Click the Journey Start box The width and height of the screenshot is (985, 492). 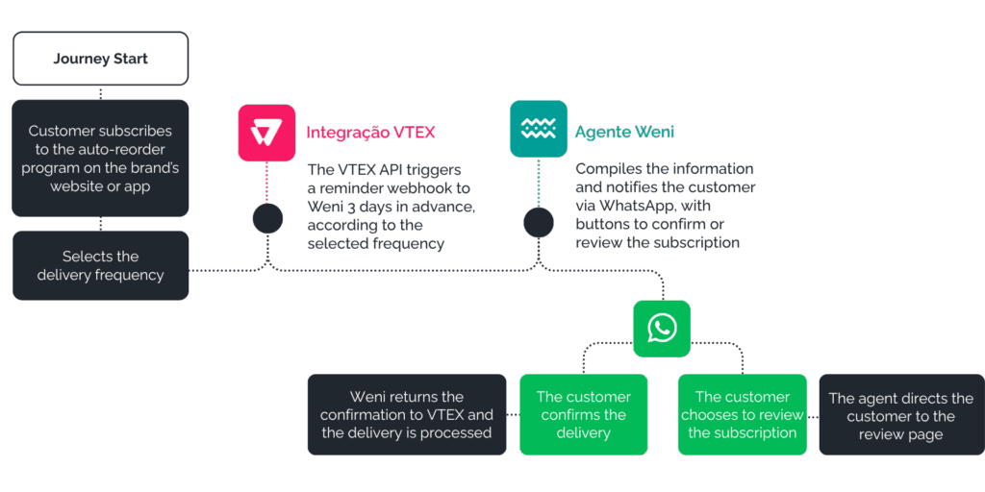point(100,59)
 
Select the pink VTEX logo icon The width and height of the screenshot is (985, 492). point(266,133)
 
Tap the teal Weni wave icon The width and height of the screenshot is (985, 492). point(539,129)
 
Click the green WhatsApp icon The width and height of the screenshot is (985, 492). point(662,329)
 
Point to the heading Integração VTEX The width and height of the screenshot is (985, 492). point(370,133)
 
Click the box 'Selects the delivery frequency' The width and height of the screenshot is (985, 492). point(100,265)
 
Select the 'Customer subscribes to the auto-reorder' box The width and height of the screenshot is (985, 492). point(100,159)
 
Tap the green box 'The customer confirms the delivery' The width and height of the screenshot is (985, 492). point(584,414)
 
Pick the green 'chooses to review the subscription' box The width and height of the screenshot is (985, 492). point(743,414)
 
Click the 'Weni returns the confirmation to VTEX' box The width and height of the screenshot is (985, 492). point(407,414)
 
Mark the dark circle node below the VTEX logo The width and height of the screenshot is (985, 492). point(267,219)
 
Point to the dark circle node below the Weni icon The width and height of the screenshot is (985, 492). point(539,223)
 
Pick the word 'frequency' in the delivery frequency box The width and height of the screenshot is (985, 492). point(129,276)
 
